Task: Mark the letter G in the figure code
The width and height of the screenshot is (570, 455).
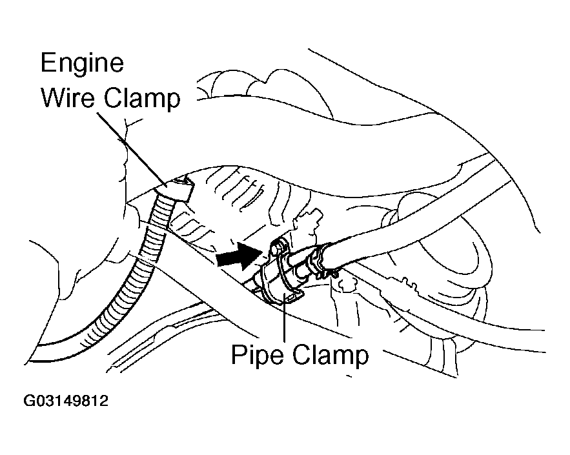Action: click(x=30, y=401)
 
